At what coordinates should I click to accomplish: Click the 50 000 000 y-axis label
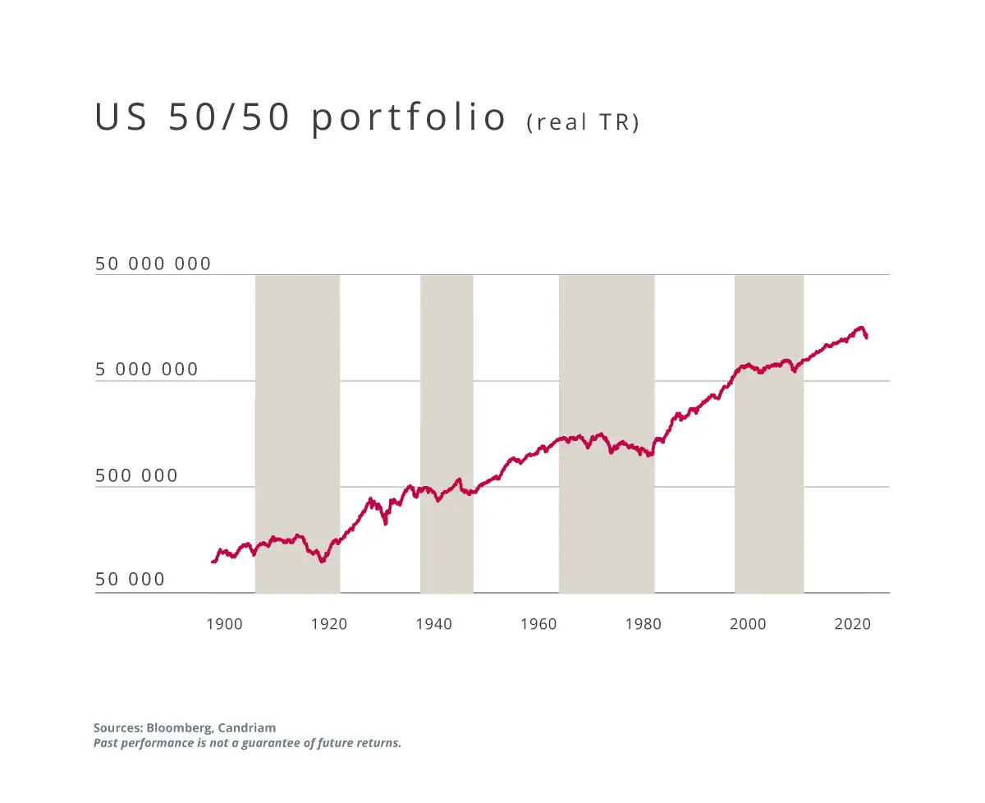(x=153, y=264)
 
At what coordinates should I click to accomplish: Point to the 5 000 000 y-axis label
(x=147, y=370)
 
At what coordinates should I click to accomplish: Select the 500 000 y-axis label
(x=136, y=476)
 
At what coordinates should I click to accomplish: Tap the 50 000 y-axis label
(x=130, y=580)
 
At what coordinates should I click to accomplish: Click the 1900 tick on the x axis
(x=224, y=624)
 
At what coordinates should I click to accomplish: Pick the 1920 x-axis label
(x=329, y=624)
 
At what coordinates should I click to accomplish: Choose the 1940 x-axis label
(x=433, y=624)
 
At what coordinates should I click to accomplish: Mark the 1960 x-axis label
(x=538, y=624)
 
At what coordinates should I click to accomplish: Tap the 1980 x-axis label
(x=643, y=624)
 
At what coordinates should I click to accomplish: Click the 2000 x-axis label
(x=748, y=624)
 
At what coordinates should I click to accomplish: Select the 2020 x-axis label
(x=852, y=624)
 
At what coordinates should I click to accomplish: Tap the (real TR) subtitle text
(x=583, y=122)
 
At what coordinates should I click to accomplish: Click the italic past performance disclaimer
(x=247, y=744)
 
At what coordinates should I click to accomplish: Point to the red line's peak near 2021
(x=860, y=328)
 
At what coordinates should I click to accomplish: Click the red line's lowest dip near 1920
(x=323, y=561)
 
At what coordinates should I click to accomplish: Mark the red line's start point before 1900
(x=213, y=562)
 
